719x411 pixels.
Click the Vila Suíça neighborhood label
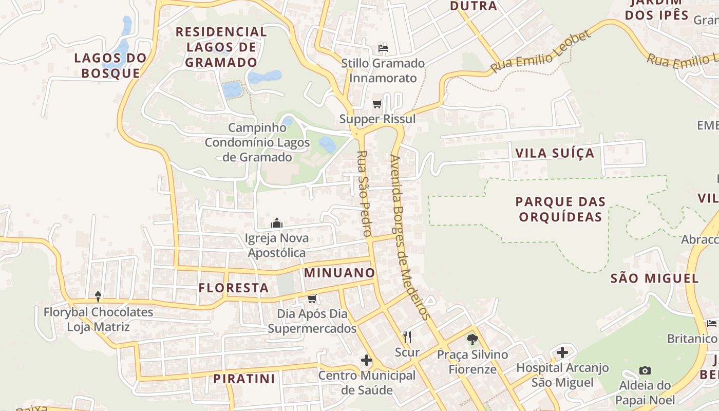[x=555, y=153]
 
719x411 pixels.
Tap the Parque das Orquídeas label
[x=561, y=209]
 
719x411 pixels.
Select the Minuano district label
[x=339, y=273]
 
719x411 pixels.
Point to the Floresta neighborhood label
[x=234, y=288]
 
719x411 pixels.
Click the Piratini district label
[x=244, y=379]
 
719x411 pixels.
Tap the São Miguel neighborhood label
[x=655, y=278]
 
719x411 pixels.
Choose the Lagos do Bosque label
[x=110, y=65]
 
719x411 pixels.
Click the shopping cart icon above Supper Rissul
[x=377, y=104]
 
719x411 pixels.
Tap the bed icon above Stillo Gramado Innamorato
[x=383, y=48]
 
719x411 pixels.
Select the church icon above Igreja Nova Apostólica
[x=277, y=223]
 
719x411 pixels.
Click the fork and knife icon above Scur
[x=407, y=337]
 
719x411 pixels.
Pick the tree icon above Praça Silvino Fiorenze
[x=472, y=339]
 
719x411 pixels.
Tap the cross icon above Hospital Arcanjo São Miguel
[x=562, y=352]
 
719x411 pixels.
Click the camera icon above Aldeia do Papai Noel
[x=645, y=370]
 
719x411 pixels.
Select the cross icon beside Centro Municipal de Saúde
[x=367, y=360]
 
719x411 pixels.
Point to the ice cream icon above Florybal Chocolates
[x=98, y=296]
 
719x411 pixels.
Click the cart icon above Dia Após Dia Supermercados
[x=312, y=298]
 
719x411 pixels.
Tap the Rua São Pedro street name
[x=364, y=193]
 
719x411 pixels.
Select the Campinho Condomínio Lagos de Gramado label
[x=257, y=142]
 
